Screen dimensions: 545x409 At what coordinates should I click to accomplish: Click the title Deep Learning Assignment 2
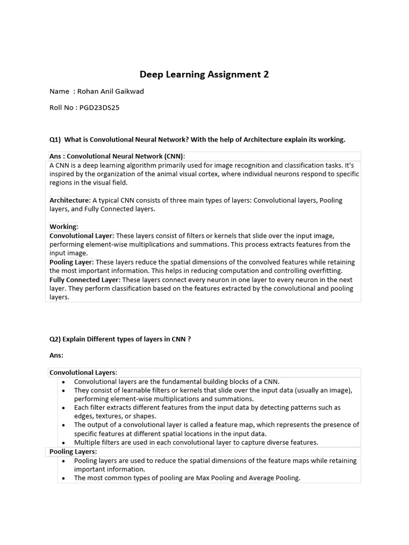coord(204,75)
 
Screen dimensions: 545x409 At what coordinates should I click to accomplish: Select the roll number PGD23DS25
coord(99,108)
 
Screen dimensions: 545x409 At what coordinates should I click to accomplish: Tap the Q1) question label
coord(55,139)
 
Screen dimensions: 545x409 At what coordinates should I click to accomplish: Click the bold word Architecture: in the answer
coord(70,201)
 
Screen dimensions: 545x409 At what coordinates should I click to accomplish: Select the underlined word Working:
coord(64,227)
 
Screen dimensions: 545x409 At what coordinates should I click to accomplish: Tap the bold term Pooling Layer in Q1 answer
coord(71,262)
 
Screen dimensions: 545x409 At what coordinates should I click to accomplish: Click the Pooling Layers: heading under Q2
coord(73,452)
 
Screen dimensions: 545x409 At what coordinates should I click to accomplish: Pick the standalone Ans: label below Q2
coord(56,355)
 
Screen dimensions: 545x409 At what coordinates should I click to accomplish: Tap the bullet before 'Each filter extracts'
coord(64,408)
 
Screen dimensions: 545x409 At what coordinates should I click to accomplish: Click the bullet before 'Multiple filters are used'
coord(64,443)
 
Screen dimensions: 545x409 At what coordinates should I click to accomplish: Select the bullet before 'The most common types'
coord(64,478)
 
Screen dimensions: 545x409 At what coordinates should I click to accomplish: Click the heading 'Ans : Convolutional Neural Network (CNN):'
coord(117,156)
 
